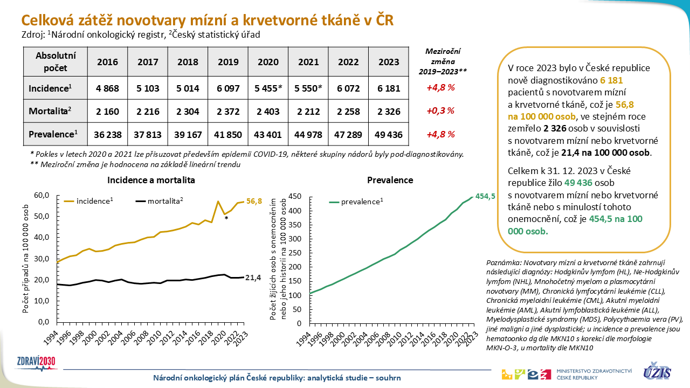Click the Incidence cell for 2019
click(228, 88)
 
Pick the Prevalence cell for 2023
click(389, 134)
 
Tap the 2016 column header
click(108, 62)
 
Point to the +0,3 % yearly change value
click(440, 111)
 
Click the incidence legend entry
click(88, 201)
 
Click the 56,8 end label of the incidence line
click(254, 202)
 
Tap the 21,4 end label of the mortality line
click(254, 278)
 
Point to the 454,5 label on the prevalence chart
click(485, 196)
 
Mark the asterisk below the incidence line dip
click(226, 219)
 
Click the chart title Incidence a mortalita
click(151, 180)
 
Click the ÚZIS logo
click(657, 371)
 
